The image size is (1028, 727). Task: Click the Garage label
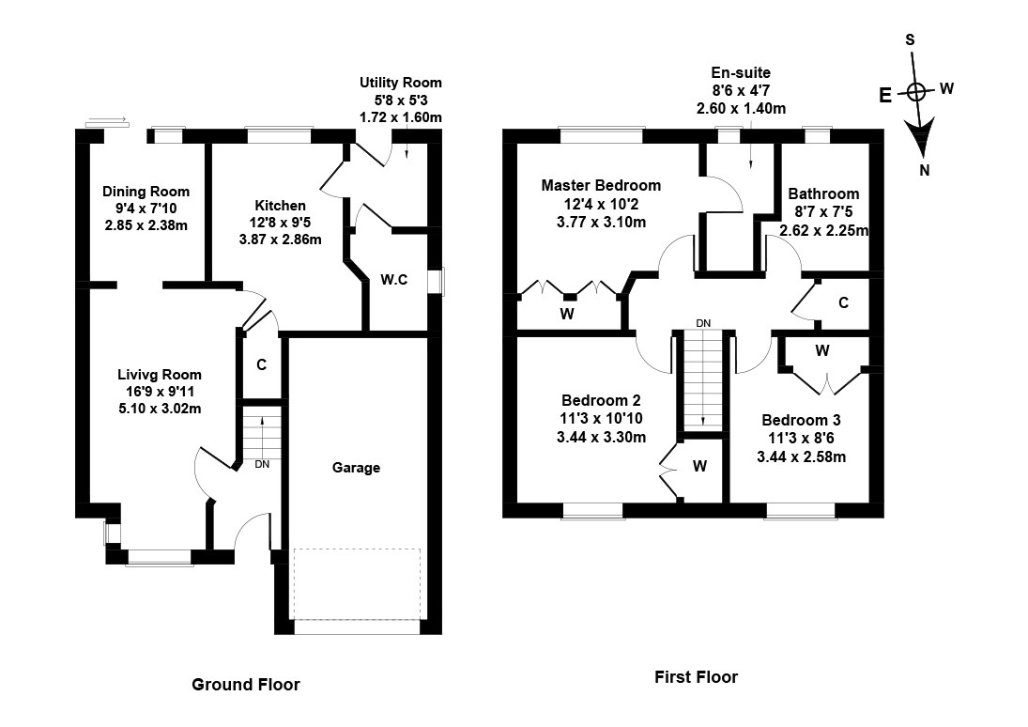click(356, 467)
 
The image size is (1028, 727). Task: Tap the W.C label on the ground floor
click(394, 279)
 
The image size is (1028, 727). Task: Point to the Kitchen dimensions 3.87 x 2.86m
click(280, 240)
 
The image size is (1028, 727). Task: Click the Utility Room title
click(400, 83)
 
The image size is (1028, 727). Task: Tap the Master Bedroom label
click(601, 185)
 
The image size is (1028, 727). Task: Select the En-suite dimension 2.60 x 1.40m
click(741, 109)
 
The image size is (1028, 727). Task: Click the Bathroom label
click(823, 194)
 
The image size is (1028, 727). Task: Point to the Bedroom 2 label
click(600, 400)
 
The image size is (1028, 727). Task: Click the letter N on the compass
click(925, 170)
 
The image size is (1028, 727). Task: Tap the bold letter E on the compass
click(885, 95)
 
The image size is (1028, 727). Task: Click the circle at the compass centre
click(916, 91)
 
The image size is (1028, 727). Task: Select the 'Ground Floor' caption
click(246, 684)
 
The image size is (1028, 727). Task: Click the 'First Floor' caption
click(696, 676)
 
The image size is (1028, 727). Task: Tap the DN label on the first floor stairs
click(703, 323)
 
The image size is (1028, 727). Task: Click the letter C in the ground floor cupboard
click(261, 364)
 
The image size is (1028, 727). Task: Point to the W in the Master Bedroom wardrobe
click(567, 314)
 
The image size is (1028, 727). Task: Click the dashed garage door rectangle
click(357, 583)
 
